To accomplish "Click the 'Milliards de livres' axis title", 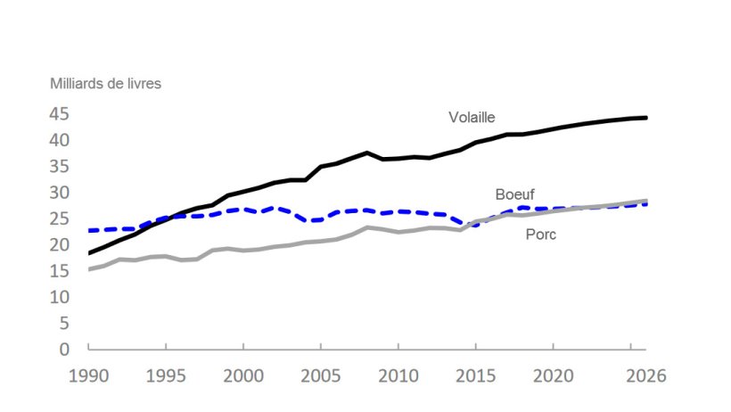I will [x=104, y=84].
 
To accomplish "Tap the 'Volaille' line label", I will [x=472, y=117].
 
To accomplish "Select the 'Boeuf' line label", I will [x=515, y=194].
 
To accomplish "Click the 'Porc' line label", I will [x=540, y=235].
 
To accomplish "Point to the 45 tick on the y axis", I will [x=59, y=114].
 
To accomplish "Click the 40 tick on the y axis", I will [x=59, y=140].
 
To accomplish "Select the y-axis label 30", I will [x=59, y=193].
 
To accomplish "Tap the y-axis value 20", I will [x=59, y=244].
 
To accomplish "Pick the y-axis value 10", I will [x=59, y=297].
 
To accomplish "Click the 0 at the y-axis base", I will [x=64, y=349].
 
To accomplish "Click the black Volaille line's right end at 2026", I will [x=646, y=118].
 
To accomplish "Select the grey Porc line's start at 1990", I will [x=89, y=268].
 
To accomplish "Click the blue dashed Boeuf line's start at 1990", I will [x=89, y=231].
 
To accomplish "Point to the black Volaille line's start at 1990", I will [x=89, y=253].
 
